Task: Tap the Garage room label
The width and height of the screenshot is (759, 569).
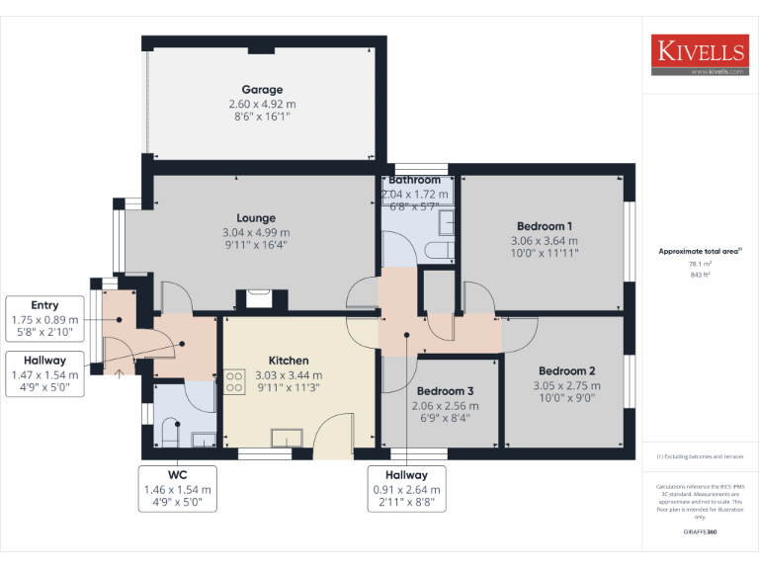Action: [262, 90]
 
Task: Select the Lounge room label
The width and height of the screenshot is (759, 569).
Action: [256, 218]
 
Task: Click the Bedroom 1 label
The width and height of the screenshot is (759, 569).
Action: [545, 226]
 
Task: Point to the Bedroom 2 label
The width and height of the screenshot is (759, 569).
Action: [567, 371]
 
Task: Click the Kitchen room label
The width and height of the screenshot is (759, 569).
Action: [289, 361]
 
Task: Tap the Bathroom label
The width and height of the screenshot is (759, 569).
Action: [415, 181]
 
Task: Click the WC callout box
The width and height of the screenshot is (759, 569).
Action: [178, 488]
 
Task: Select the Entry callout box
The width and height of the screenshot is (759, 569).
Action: [44, 319]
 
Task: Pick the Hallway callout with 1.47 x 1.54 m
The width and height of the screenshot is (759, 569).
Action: [44, 374]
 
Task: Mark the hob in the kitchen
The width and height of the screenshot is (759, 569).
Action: [234, 381]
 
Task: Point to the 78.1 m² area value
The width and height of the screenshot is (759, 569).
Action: [700, 264]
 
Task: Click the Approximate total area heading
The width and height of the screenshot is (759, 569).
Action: [700, 252]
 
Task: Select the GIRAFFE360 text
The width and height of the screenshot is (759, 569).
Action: [700, 532]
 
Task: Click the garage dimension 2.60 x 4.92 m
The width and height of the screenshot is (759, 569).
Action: [262, 104]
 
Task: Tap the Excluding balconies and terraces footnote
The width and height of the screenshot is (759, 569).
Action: [700, 456]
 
